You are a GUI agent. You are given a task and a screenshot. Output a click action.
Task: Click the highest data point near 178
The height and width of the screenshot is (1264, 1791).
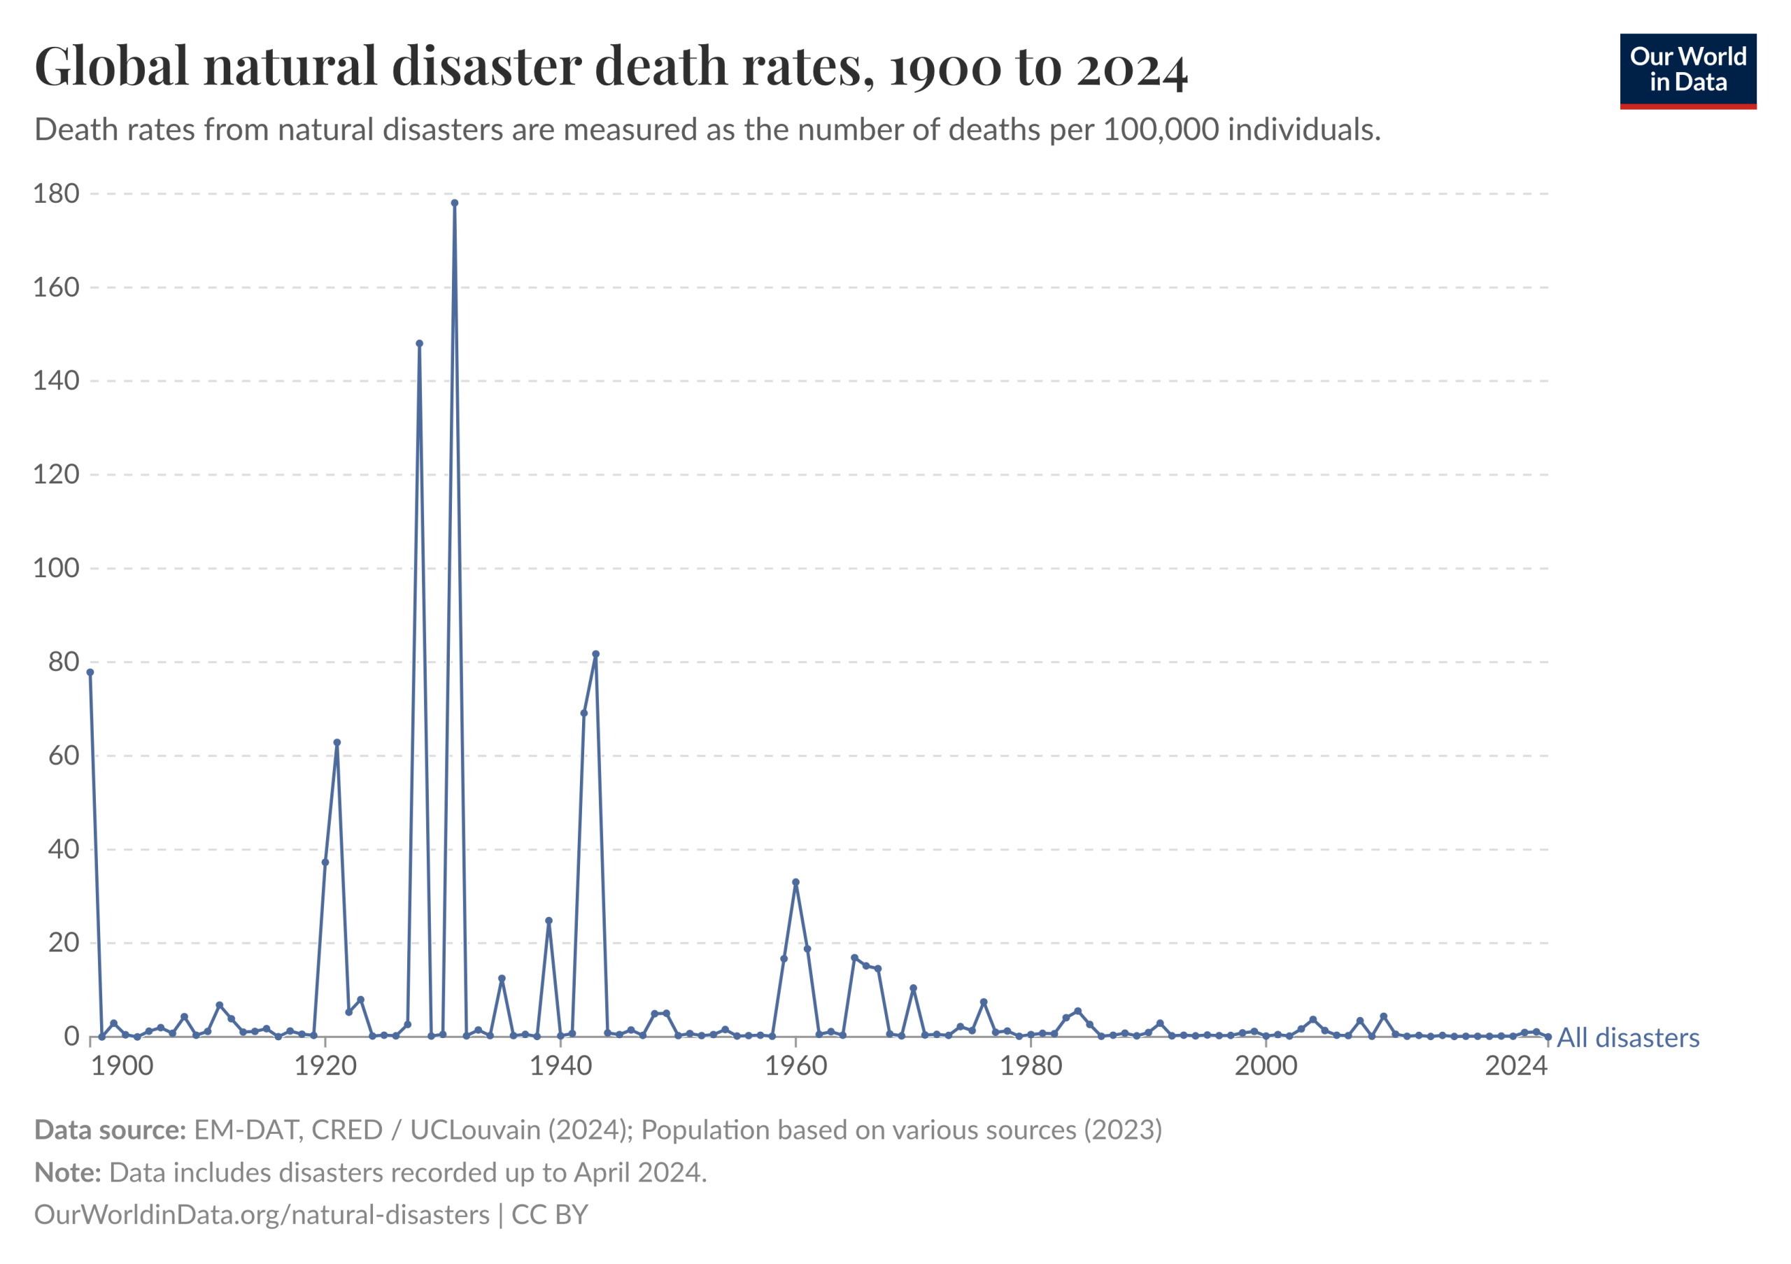(x=455, y=204)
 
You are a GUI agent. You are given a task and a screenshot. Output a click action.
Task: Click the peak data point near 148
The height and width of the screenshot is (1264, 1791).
(x=420, y=344)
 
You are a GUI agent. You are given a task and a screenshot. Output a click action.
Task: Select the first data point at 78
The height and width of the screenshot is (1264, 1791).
(x=90, y=673)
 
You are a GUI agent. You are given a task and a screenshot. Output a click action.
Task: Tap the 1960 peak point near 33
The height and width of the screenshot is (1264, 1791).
(x=795, y=883)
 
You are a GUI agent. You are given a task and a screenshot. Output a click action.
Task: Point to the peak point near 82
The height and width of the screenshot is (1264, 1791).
(x=596, y=655)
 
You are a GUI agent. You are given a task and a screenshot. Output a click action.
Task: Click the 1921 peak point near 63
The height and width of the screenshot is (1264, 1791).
(x=337, y=743)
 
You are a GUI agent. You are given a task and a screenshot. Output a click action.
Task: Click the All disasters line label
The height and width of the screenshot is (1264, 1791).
(x=1628, y=1039)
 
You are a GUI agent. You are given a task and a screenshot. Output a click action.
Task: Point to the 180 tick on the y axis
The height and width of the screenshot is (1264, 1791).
(x=56, y=194)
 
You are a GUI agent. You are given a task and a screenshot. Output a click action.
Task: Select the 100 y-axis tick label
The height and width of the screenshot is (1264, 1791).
(x=56, y=569)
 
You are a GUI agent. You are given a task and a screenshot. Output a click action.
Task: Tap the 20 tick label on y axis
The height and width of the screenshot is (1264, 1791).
(x=64, y=944)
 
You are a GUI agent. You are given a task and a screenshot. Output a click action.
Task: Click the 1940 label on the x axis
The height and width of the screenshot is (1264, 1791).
(x=561, y=1066)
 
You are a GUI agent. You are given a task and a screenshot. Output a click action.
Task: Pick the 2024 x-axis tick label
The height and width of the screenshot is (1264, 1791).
(x=1515, y=1066)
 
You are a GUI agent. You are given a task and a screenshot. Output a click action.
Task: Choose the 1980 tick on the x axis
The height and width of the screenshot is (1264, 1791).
(x=1031, y=1066)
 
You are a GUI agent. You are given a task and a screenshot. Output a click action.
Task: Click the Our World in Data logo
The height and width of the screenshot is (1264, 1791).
(x=1688, y=70)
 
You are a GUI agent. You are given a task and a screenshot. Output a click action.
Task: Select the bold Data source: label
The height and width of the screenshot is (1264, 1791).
(x=110, y=1130)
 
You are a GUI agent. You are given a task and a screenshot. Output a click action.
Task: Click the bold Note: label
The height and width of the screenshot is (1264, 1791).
(x=68, y=1174)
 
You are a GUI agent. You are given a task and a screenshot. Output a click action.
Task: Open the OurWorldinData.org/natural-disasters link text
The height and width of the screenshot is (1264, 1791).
(x=262, y=1216)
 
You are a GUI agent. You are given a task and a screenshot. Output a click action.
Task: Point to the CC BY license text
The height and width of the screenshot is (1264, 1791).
(x=550, y=1216)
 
